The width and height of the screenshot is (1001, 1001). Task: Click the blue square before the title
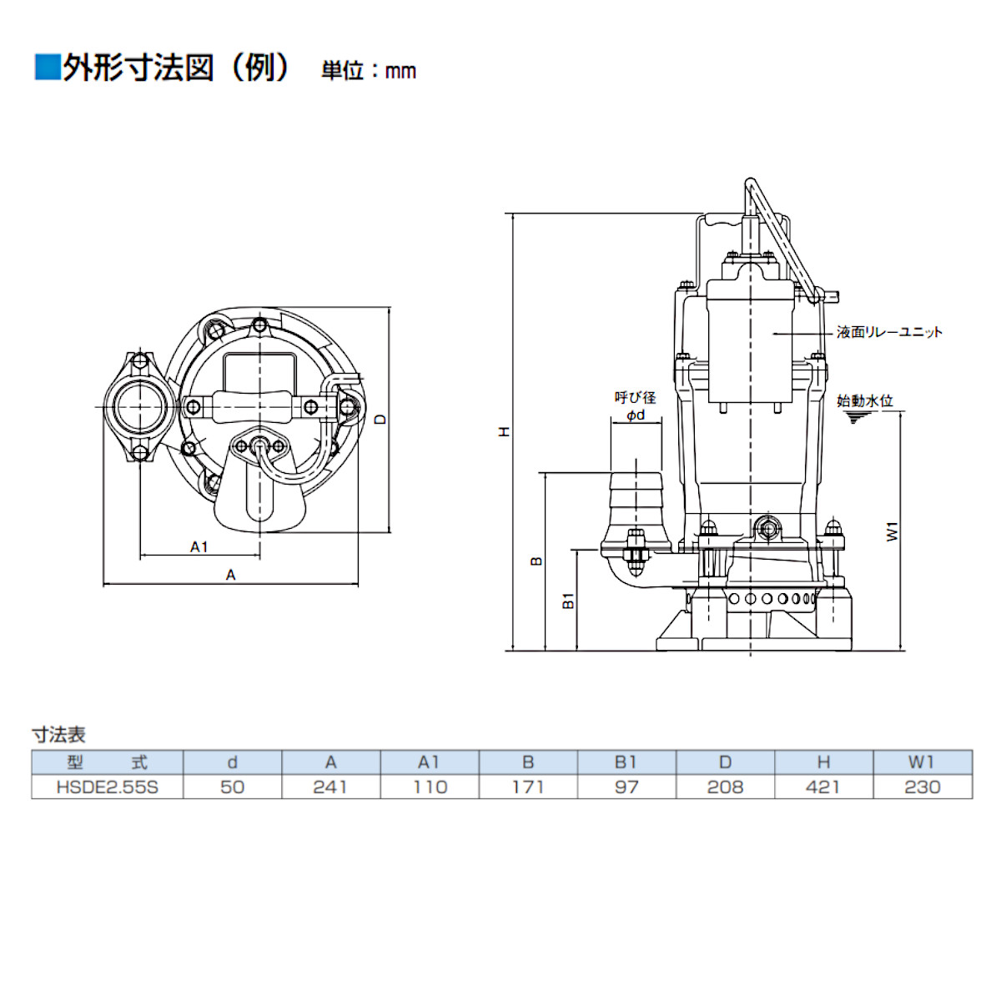pos(47,68)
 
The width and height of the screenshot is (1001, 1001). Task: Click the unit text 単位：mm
pos(368,71)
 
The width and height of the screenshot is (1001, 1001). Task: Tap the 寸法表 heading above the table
pos(58,735)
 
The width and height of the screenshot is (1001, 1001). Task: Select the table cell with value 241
pos(330,787)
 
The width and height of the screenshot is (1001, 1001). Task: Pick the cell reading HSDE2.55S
pos(107,787)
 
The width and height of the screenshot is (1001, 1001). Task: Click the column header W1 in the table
pos(922,762)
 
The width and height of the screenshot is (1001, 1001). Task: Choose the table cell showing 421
pos(822,787)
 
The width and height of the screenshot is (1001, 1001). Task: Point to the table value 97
pos(626,787)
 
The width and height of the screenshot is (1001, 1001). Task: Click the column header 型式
pos(107,762)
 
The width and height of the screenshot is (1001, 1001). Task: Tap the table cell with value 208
pos(725,787)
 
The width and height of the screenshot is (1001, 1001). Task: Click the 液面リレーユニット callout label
pos(889,332)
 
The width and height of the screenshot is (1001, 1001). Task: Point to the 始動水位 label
pos(864,401)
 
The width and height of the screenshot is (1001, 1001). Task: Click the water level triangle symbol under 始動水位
pos(853,417)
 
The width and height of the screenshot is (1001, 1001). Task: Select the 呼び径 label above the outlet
pos(635,398)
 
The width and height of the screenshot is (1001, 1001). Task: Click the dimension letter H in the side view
pos(504,432)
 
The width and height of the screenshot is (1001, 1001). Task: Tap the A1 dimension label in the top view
pos(199,547)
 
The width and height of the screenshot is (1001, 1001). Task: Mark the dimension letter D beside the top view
pos(380,419)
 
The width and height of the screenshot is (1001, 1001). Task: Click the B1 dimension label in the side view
pos(568,600)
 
